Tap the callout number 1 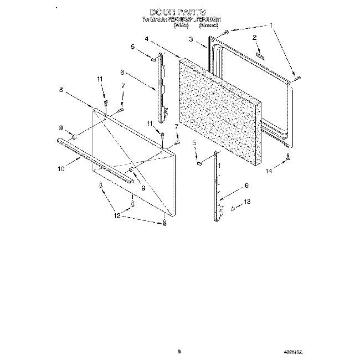pos(271,25)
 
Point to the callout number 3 pos(190,39)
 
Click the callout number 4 pos(146,39)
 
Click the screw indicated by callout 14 pos(288,158)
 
